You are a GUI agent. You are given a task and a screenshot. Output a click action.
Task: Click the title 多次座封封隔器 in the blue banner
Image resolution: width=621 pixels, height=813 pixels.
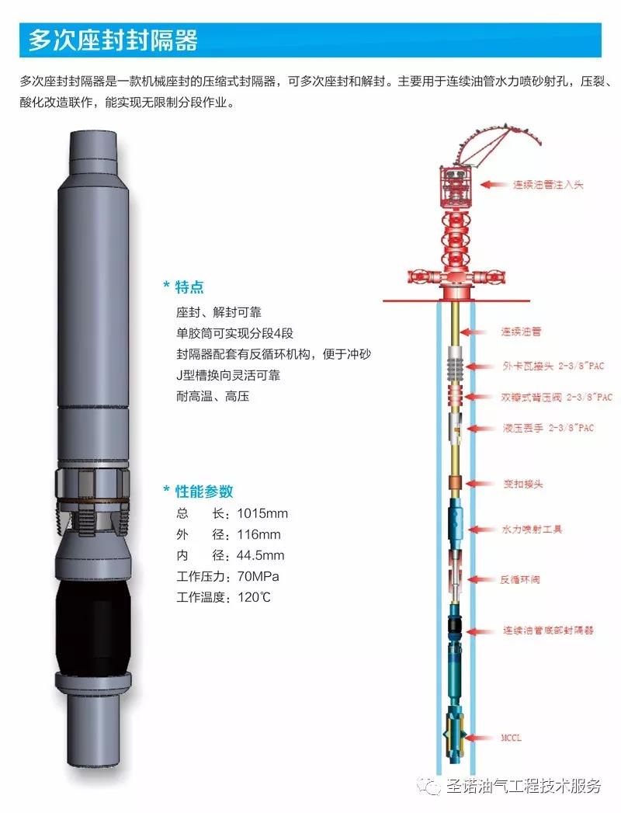coord(113,40)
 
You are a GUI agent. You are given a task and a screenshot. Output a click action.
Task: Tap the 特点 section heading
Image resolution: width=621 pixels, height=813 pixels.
coord(189,287)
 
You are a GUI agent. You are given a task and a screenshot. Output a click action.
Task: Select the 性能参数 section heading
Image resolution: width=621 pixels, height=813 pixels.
coord(203,491)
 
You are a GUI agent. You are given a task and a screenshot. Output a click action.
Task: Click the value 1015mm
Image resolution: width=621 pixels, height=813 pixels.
coord(262,513)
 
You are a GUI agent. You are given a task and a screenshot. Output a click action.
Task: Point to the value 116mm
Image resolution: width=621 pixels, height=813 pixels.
coord(258,534)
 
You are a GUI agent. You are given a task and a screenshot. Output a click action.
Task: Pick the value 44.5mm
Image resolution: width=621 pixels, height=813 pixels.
coord(260,555)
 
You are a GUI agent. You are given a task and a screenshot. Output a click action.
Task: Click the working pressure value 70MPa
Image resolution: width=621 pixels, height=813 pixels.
coord(258,576)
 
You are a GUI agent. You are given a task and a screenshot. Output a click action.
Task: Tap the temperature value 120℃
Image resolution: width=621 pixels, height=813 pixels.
coord(254,597)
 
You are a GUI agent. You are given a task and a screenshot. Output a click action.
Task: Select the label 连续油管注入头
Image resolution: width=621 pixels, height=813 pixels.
coord(548,185)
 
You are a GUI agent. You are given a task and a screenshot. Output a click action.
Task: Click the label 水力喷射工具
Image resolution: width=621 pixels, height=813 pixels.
coord(532,530)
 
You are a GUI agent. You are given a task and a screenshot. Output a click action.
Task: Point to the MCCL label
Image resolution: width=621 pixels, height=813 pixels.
coord(511,738)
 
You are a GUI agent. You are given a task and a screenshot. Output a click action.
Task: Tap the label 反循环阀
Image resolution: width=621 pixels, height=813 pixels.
coord(519,580)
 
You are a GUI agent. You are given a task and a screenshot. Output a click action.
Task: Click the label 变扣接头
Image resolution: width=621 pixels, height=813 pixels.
coord(523,485)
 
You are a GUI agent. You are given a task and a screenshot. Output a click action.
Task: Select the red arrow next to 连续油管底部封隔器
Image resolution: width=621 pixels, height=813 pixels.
coord(480,631)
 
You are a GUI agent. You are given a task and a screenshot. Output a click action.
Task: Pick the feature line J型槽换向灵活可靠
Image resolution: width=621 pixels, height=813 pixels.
coord(228,375)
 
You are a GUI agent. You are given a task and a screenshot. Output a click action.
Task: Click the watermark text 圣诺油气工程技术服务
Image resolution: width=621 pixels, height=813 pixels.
coord(523,787)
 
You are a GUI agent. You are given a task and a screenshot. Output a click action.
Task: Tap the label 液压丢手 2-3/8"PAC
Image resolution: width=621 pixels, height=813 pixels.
coord(548,429)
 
